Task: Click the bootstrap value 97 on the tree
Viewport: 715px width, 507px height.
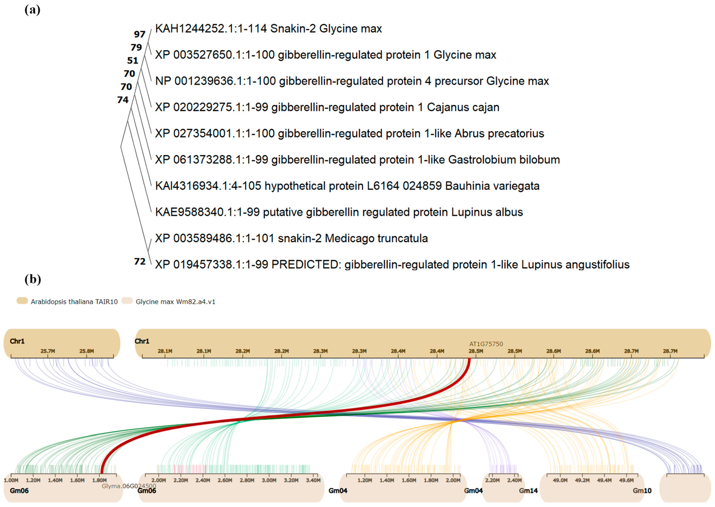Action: [x=139, y=34]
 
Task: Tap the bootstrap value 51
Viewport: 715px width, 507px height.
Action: [x=133, y=60]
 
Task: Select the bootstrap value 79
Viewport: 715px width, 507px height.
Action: [x=136, y=47]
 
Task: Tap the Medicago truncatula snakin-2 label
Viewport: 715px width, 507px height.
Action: [x=291, y=238]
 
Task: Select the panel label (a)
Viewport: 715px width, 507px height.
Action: [x=32, y=10]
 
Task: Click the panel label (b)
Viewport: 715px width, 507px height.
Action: [x=33, y=279]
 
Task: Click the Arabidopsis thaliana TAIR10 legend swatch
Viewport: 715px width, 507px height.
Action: [x=22, y=301]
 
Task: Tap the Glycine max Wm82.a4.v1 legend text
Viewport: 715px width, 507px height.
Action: [x=175, y=302]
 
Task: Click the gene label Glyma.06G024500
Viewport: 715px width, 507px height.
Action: [x=129, y=486]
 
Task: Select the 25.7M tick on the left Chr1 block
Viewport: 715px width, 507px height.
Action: [x=48, y=351]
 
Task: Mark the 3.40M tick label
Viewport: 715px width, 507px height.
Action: [x=313, y=480]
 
